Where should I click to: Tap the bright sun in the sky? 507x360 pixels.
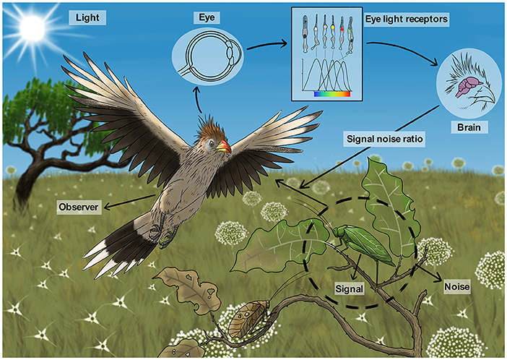point(32,29)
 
